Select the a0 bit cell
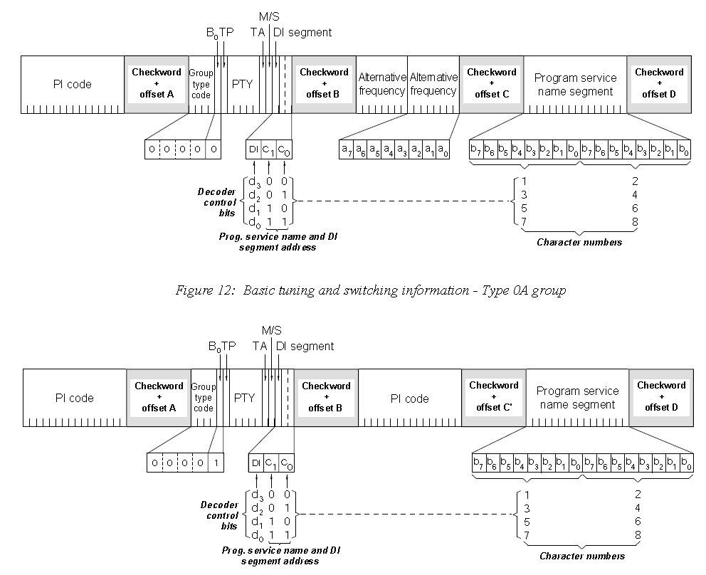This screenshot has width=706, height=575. point(443,149)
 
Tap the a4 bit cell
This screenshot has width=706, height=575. point(388,149)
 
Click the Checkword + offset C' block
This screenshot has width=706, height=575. point(494,397)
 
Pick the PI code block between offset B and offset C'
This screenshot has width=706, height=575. point(409,398)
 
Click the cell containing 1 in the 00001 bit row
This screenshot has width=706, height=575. point(216,463)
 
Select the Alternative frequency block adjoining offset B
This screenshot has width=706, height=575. point(381,84)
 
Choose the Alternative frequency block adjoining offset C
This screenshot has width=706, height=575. point(433,84)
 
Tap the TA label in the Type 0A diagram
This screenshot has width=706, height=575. point(258,32)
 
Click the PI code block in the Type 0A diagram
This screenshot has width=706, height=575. point(73,84)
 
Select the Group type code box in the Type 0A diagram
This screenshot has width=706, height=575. point(201,84)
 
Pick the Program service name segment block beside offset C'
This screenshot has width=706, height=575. point(576,398)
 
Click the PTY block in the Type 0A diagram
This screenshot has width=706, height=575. point(242,84)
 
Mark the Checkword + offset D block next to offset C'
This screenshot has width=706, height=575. point(661,397)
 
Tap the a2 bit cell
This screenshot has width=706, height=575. point(416,149)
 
